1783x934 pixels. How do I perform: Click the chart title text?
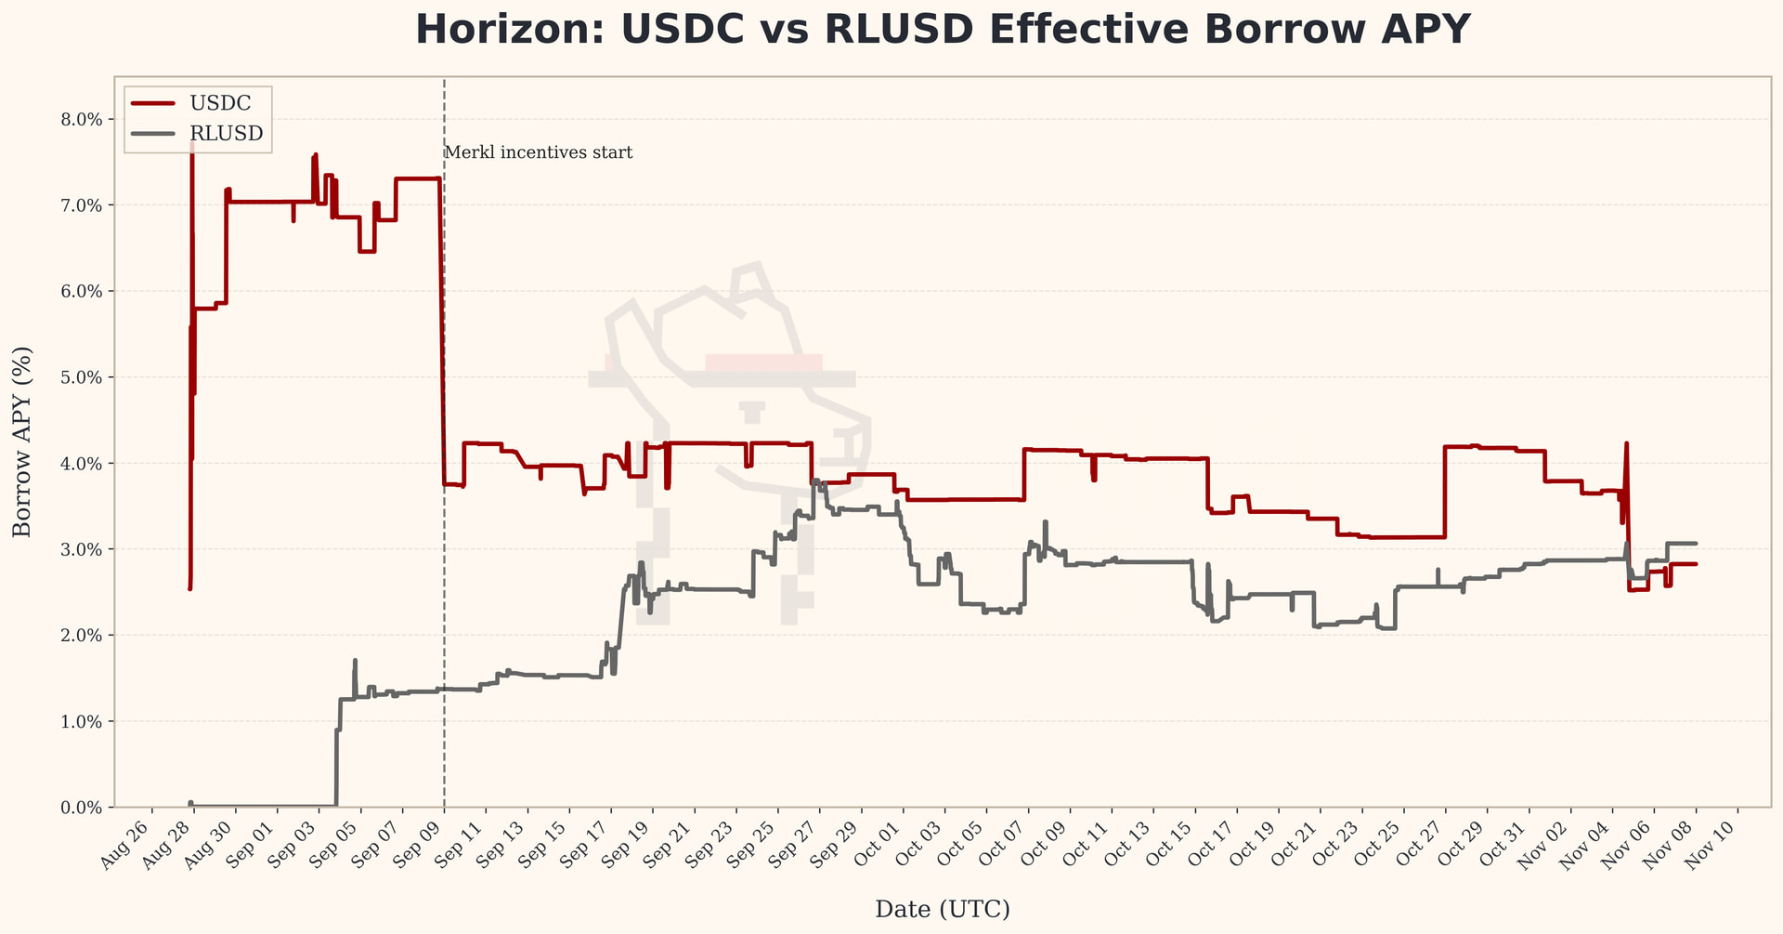[943, 30]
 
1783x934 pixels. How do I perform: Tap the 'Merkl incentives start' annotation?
[539, 152]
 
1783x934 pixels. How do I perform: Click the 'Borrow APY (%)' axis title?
[22, 441]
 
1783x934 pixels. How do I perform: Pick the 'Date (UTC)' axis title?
[943, 909]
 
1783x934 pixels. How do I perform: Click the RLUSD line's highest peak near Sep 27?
[814, 480]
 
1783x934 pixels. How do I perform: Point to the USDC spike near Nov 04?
[1626, 444]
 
